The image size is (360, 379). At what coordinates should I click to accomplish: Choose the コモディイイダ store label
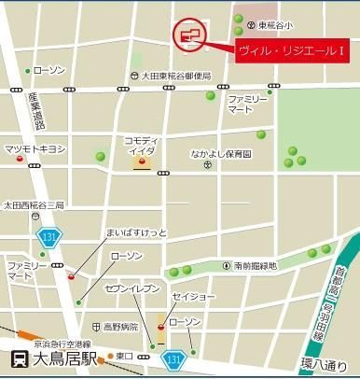[142, 147]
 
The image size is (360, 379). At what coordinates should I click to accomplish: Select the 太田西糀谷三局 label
[34, 204]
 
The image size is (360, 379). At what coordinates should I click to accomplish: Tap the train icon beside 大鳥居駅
[18, 359]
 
